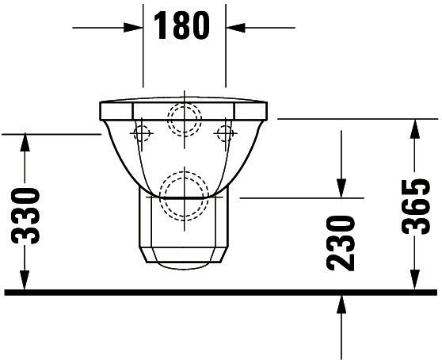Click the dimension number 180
click(x=182, y=25)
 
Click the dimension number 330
click(x=25, y=216)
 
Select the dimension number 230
click(x=341, y=243)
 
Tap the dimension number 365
click(x=416, y=206)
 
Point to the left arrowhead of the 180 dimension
click(x=133, y=28)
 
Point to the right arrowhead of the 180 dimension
click(x=235, y=28)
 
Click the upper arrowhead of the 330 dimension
click(x=25, y=143)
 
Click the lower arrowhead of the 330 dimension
click(x=25, y=280)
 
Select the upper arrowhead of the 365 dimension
click(x=414, y=128)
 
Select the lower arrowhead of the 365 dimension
click(x=414, y=280)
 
